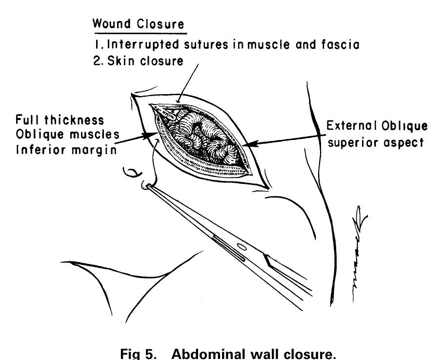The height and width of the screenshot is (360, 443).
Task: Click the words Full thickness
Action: pos(60,120)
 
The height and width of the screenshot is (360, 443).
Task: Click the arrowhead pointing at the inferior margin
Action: pos(150,134)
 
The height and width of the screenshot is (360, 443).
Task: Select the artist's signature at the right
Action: pos(357,254)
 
